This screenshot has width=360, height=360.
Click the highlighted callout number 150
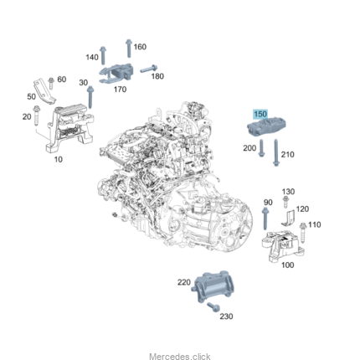coord(260,114)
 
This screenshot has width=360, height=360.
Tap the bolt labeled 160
coord(129,48)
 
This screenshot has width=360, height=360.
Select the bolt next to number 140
coord(103,55)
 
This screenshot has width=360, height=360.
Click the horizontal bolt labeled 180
coord(149,69)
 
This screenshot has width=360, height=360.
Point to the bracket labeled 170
coord(116,74)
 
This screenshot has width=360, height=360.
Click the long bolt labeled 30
coord(90,97)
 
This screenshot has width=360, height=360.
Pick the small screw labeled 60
coord(51,83)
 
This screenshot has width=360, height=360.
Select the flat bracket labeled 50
coord(44,92)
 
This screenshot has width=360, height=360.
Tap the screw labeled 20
coord(36,116)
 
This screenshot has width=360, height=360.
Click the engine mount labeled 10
coord(69,128)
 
